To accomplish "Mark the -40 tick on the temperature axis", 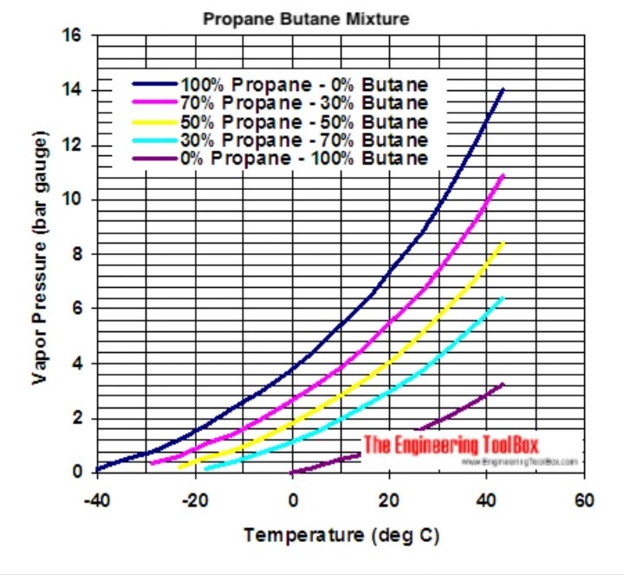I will tap(98, 500).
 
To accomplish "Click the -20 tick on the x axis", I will tap(195, 500).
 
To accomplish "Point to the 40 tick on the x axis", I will tap(487, 500).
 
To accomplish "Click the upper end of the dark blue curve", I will tap(503, 89).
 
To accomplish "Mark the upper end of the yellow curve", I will tap(503, 244).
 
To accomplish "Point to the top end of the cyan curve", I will tap(502, 298).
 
